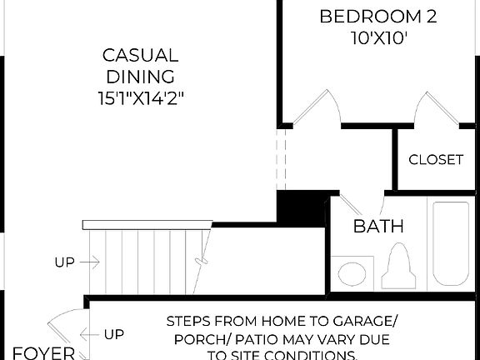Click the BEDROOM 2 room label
tap(367, 17)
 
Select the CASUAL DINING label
tap(140, 67)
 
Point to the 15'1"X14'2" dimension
tap(140, 98)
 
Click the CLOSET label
tap(436, 160)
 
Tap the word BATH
tap(378, 226)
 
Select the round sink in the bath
tap(347, 273)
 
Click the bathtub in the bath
tap(449, 242)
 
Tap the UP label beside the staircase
tap(64, 262)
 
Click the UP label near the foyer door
tap(114, 335)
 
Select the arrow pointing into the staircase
tap(91, 262)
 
